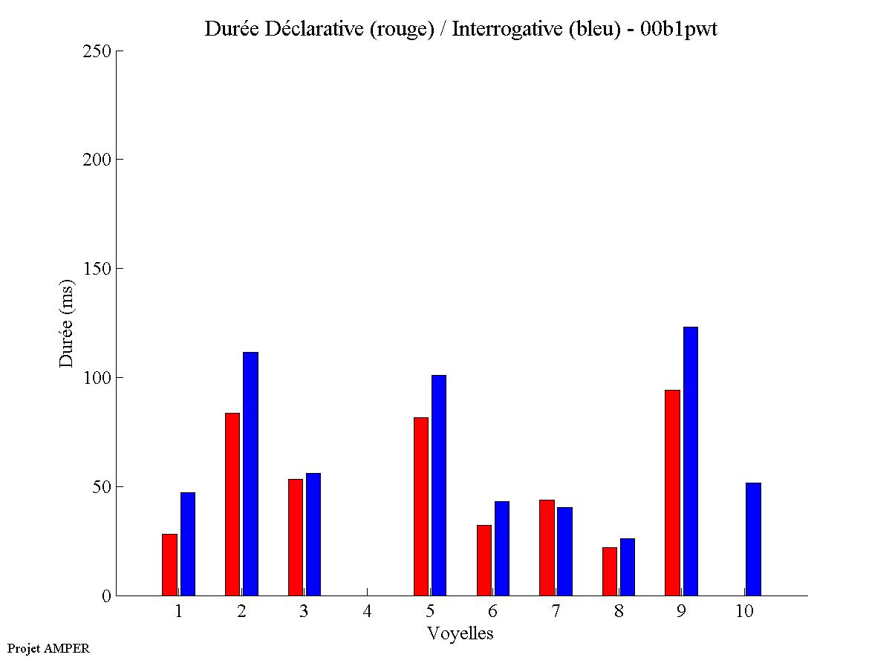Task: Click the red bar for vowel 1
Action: (x=169, y=564)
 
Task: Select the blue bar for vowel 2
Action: (x=250, y=474)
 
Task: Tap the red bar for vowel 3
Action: (x=296, y=537)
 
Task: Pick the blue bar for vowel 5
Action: (x=439, y=485)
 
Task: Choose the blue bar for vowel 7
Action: (x=564, y=551)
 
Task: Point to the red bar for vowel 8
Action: (x=610, y=571)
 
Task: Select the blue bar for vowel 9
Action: (x=691, y=461)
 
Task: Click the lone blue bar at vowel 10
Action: (x=753, y=539)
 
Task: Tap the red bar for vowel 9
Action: (x=672, y=492)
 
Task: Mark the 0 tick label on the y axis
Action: (x=107, y=595)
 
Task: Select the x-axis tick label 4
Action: (x=367, y=611)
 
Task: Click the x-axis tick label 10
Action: (x=744, y=611)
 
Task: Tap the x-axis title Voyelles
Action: (x=460, y=633)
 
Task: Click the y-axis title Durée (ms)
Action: (x=67, y=323)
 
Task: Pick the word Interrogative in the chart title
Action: (x=502, y=29)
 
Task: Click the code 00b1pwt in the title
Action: (x=679, y=29)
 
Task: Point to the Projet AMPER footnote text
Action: (x=48, y=648)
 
